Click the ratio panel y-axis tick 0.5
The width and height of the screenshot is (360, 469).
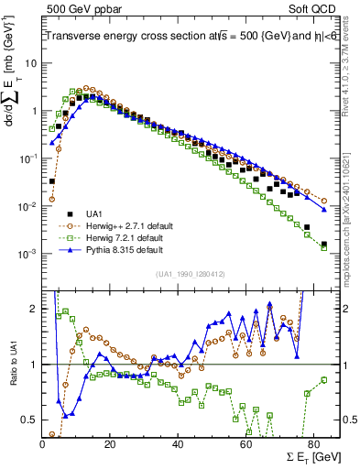(x=30, y=419)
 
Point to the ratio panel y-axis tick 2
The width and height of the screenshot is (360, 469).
(x=34, y=310)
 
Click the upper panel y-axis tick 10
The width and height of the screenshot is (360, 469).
(x=31, y=63)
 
